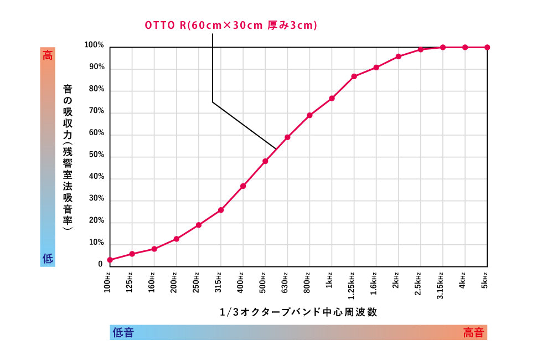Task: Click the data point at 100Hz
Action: [x=110, y=260]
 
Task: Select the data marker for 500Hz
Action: [x=265, y=161]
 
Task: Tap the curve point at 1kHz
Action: [x=332, y=99]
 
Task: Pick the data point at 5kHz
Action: [x=487, y=47]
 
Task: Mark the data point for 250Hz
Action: [x=198, y=225]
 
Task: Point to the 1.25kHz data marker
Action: [x=354, y=76]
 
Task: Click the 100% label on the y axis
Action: [x=94, y=45]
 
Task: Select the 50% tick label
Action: [x=96, y=155]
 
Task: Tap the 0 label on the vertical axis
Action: [x=101, y=264]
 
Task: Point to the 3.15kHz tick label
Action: [x=441, y=286]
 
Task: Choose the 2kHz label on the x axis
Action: [x=396, y=281]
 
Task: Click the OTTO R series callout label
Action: [x=231, y=25]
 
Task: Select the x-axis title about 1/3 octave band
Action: [x=298, y=312]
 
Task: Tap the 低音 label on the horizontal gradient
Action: [x=123, y=332]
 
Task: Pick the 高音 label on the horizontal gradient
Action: [x=473, y=332]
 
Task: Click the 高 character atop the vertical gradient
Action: [x=48, y=55]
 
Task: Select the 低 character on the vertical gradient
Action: [x=48, y=258]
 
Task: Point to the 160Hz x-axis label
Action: [x=153, y=282]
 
